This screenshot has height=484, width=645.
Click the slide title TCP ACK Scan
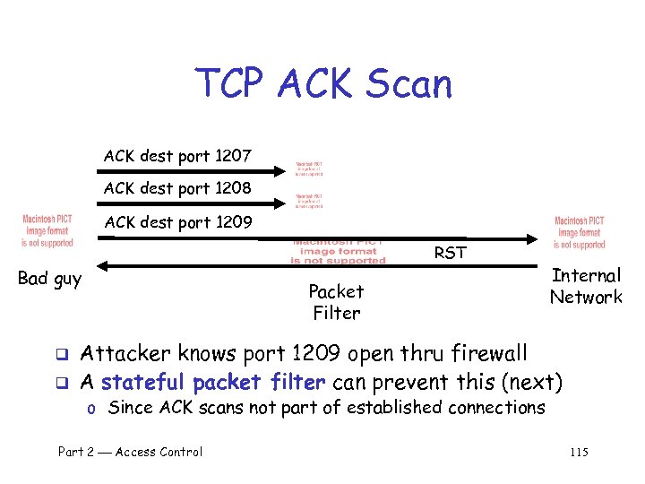324,84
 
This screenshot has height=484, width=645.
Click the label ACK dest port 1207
177,156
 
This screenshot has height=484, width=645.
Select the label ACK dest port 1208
177,189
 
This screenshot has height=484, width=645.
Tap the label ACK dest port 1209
177,222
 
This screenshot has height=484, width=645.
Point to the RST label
450,253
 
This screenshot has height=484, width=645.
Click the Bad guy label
49,279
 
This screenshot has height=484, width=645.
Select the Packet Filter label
336,302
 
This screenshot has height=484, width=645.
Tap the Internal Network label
586,286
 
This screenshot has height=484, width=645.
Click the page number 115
579,452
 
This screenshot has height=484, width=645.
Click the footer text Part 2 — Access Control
130,452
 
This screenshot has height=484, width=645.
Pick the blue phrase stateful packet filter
212,383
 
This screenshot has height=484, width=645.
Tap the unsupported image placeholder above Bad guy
47,231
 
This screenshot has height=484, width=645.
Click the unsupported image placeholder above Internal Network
580,233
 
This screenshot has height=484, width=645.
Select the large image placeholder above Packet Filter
338,252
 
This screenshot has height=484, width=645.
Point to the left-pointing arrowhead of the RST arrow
101,265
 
